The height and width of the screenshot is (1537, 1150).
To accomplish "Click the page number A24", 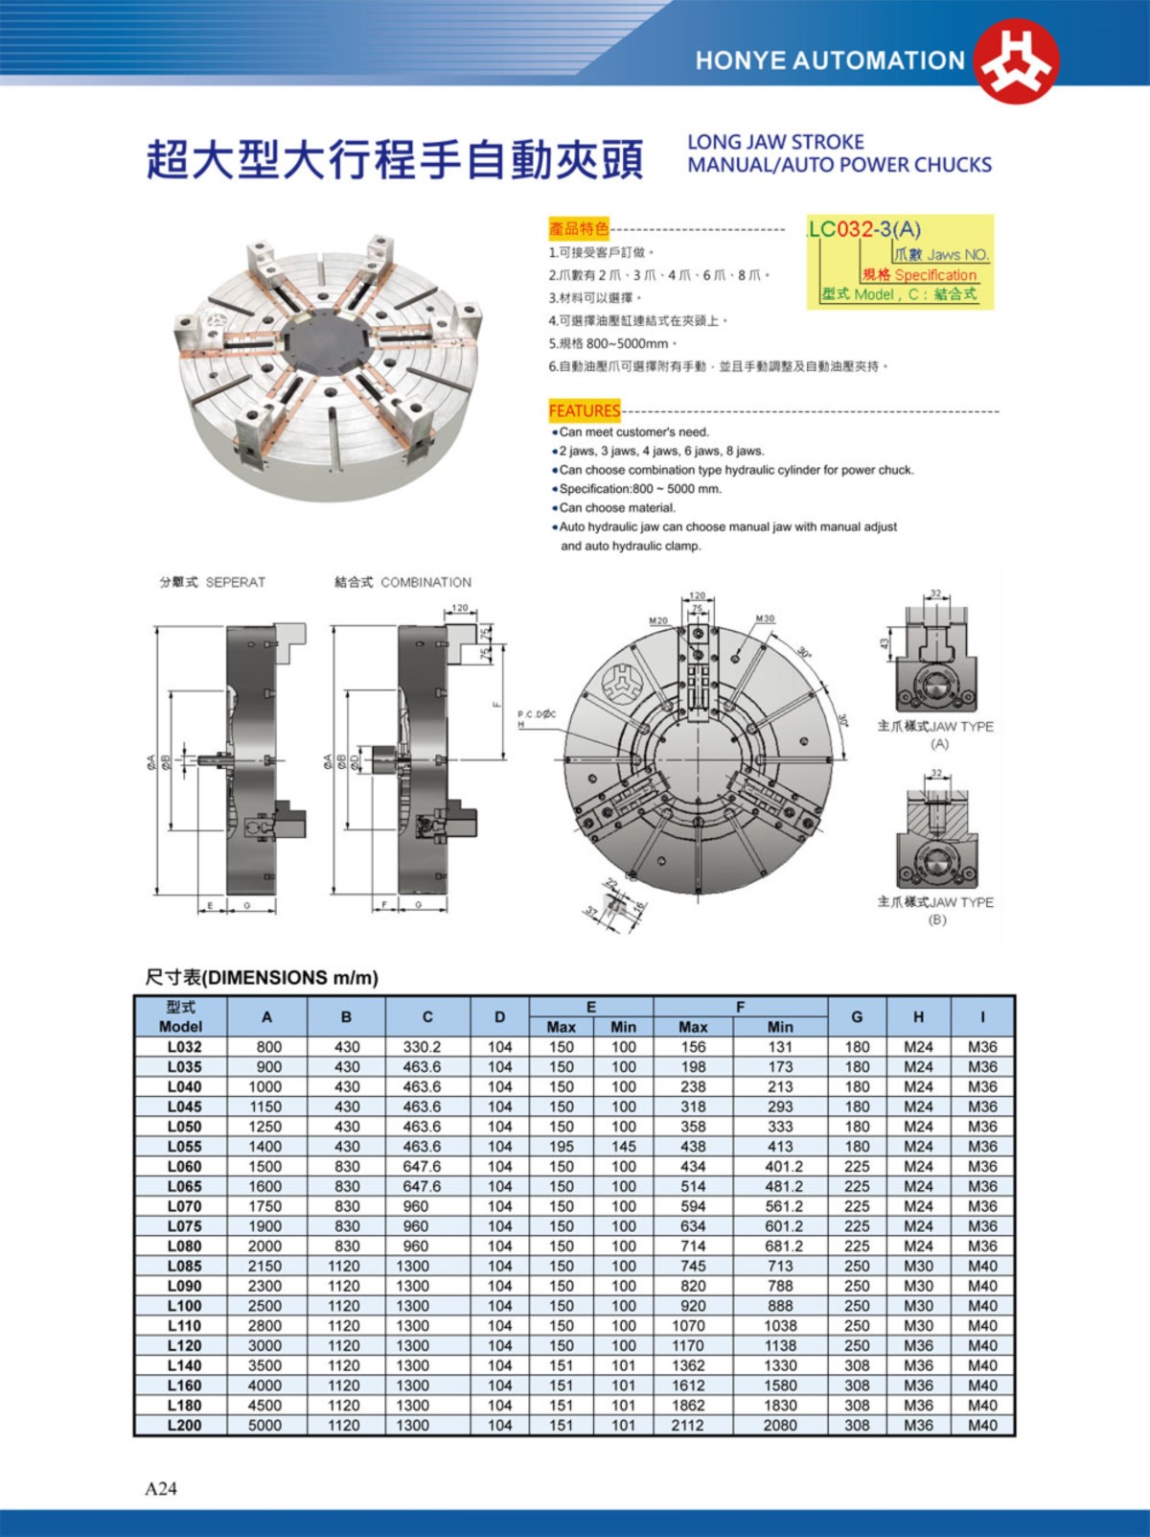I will tap(161, 1488).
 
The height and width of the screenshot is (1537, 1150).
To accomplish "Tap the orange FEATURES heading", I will tap(585, 411).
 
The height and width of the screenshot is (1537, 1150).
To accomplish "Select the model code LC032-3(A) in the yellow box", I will tap(865, 229).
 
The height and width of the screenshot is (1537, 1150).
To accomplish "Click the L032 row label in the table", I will tap(184, 1047).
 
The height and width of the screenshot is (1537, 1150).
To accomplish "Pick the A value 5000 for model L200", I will tap(265, 1425).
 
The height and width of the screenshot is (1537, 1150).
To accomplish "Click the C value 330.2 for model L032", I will tap(422, 1047).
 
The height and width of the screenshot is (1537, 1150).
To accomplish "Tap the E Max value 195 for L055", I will tap(562, 1147).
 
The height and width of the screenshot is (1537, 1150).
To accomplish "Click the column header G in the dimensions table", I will tap(857, 1016).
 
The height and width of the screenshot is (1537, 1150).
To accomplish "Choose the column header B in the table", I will tap(346, 1016).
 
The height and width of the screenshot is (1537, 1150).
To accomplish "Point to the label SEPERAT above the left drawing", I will tap(236, 582).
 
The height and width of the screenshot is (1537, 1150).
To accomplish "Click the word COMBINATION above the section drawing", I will tap(426, 582).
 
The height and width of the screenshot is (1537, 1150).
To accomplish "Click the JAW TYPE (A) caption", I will tap(937, 734).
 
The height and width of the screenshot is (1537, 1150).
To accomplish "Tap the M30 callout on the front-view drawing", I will tap(765, 619).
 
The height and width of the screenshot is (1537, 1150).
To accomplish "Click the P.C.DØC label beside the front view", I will tap(537, 714).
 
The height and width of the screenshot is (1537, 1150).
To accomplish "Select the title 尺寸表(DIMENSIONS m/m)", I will tap(262, 978).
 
